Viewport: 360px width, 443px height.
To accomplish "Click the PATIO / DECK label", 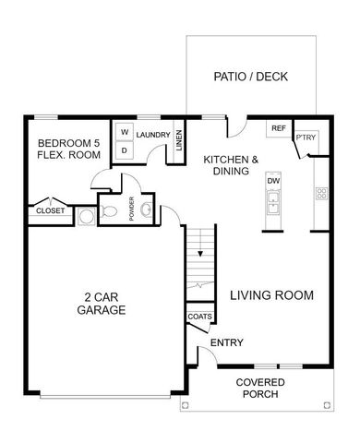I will (251, 76).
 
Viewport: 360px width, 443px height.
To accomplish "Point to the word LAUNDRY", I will (151, 135).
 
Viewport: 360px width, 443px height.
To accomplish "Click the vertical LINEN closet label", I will (179, 143).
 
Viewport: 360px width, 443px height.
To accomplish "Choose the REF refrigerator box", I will (277, 128).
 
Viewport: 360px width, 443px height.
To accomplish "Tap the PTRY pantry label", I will (306, 138).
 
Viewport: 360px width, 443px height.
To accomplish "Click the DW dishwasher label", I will (273, 181).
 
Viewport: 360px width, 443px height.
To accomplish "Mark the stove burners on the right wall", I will (322, 194).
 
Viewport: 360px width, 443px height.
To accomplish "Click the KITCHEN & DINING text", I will (231, 165).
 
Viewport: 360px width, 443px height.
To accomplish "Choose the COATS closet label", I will (199, 317).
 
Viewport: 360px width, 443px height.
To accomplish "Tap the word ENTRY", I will (227, 343).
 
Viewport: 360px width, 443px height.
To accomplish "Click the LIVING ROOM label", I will (272, 295).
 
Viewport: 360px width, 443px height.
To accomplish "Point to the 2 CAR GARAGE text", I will (102, 304).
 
